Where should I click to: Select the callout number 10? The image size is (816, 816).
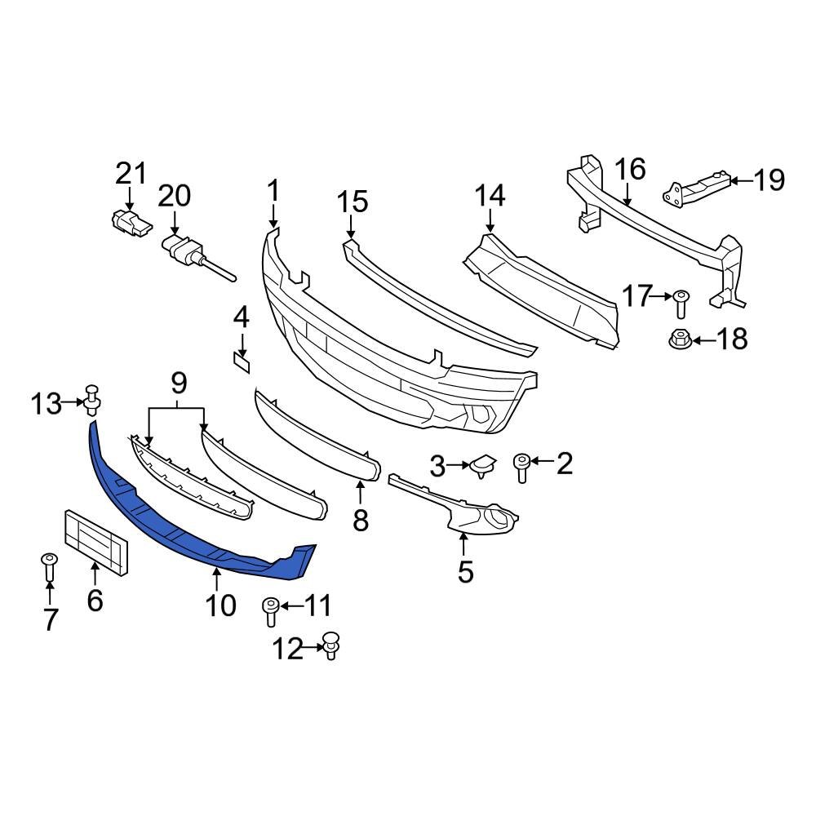(x=220, y=605)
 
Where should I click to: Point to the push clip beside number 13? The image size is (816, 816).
(x=94, y=399)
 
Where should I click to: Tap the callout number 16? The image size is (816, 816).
(x=630, y=170)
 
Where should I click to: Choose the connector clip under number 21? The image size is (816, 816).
(x=129, y=222)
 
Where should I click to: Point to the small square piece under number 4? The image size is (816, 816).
(x=242, y=361)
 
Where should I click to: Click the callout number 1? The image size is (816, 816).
(x=273, y=191)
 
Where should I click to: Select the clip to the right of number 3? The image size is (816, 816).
(x=481, y=465)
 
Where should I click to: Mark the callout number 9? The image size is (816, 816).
(x=179, y=380)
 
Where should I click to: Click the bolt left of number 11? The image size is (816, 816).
(x=271, y=610)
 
